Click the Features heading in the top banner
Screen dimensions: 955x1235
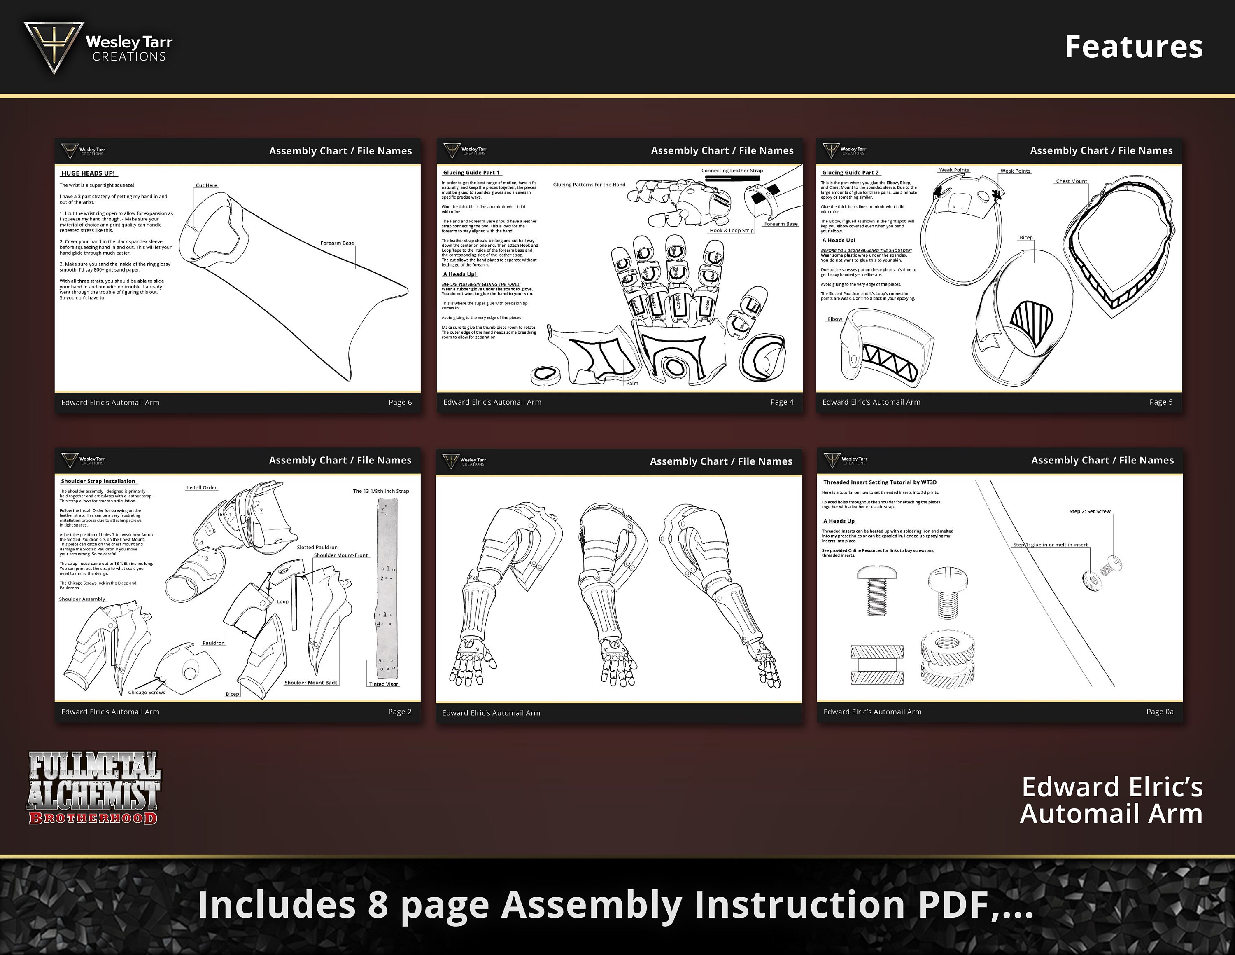point(1133,47)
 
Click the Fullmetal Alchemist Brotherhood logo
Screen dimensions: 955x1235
point(94,788)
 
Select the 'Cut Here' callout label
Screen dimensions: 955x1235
point(206,185)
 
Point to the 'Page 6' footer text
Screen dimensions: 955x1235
point(400,402)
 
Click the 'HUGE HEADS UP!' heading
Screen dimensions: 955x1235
point(88,173)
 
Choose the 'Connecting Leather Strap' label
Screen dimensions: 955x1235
point(732,170)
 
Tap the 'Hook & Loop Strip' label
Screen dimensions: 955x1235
point(732,230)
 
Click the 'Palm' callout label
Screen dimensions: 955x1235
point(631,383)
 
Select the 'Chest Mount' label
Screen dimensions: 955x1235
point(1071,181)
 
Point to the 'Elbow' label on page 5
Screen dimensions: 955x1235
point(834,319)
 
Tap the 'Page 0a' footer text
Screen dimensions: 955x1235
point(1159,712)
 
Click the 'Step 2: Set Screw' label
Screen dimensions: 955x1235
point(1089,511)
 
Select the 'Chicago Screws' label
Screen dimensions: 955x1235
point(147,692)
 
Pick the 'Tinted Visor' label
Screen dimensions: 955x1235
point(383,684)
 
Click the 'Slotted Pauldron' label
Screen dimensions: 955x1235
point(317,547)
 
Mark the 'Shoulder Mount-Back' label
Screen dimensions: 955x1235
point(310,682)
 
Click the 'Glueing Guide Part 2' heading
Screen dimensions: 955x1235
point(850,173)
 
